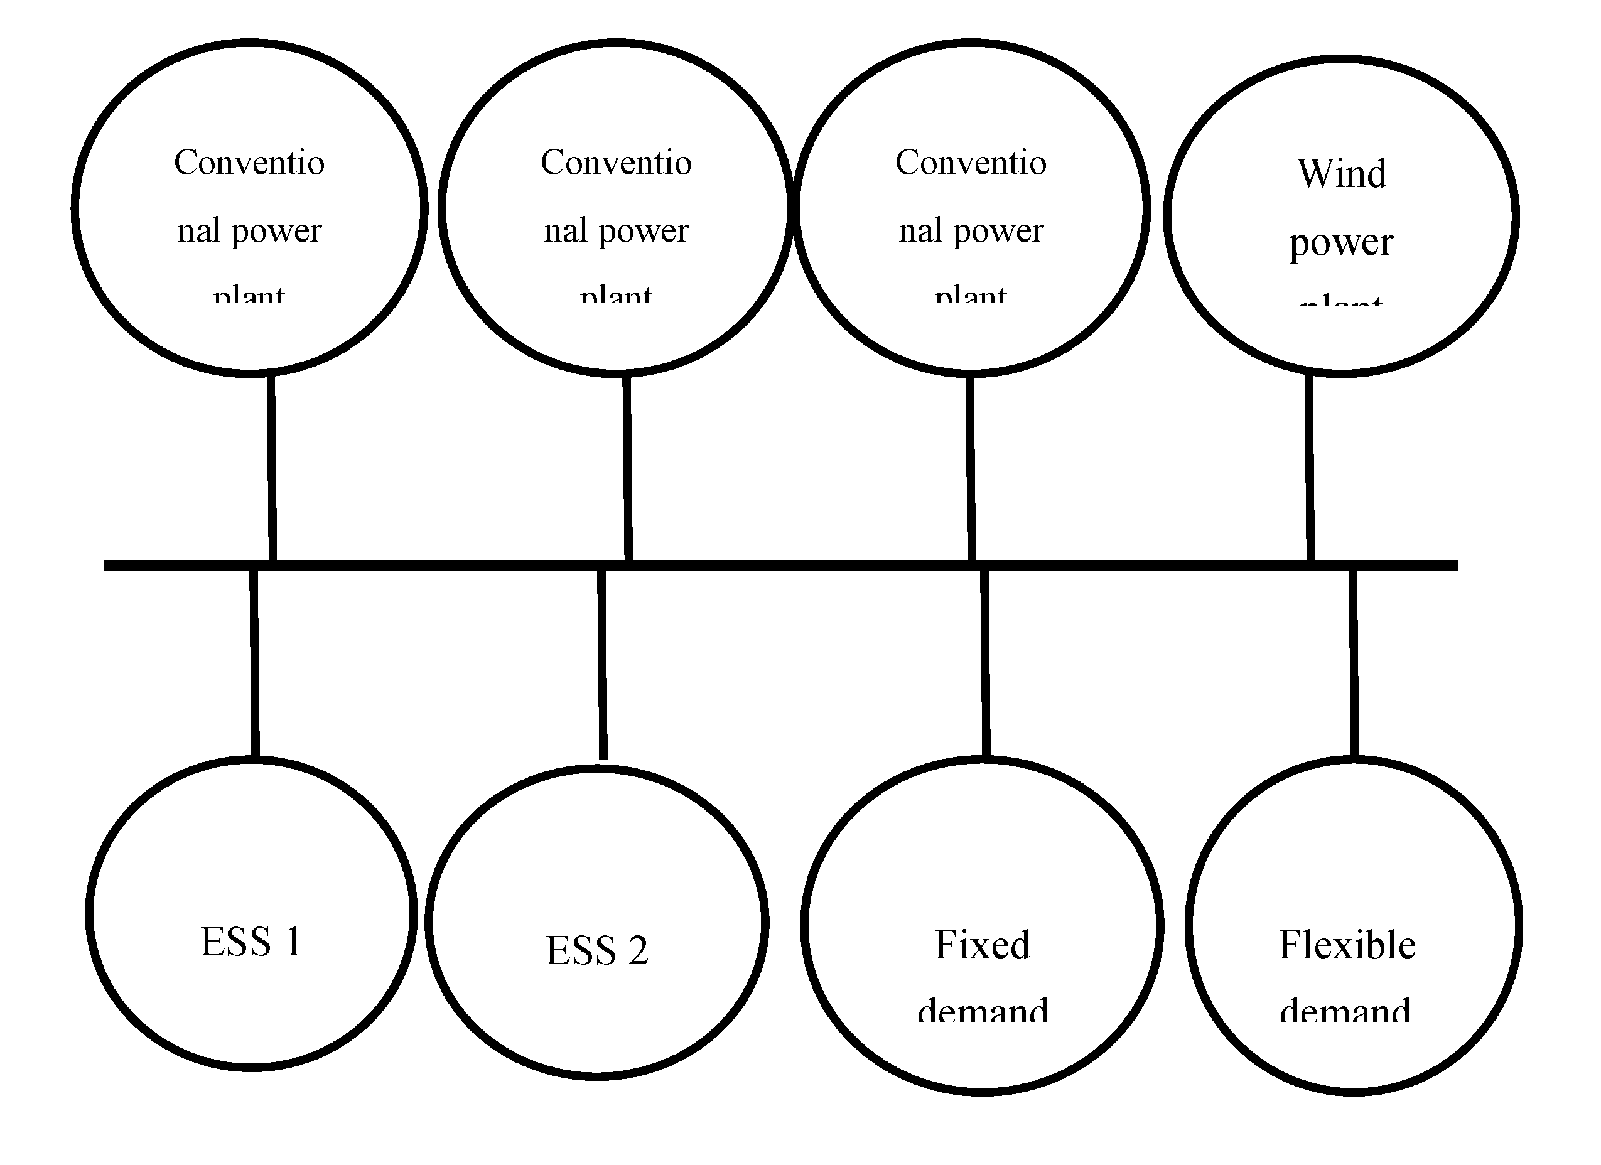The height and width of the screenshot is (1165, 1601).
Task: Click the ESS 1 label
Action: [x=251, y=942]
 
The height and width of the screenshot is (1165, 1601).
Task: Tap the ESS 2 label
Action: [x=596, y=950]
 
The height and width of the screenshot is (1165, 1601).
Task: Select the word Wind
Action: [x=1341, y=174]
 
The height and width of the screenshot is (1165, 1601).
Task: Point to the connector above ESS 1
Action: [x=254, y=663]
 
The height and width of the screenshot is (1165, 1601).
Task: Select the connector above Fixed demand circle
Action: [x=984, y=663]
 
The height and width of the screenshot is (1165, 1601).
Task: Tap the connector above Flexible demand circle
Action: [x=1353, y=663]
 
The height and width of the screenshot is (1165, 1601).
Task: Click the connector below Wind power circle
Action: [x=1310, y=470]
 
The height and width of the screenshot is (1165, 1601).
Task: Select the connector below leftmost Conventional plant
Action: [x=272, y=470]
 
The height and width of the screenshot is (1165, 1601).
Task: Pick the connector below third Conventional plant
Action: [x=971, y=470]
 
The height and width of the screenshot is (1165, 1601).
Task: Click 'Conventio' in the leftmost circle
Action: [x=249, y=163]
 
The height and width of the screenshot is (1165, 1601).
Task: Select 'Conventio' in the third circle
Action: [x=971, y=163]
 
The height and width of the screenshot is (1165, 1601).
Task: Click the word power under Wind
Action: [x=1340, y=244]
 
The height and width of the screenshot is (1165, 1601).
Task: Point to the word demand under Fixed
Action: [x=982, y=1011]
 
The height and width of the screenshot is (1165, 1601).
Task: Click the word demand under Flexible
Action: [x=1345, y=1011]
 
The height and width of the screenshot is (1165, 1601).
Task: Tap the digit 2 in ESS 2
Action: [x=637, y=950]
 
